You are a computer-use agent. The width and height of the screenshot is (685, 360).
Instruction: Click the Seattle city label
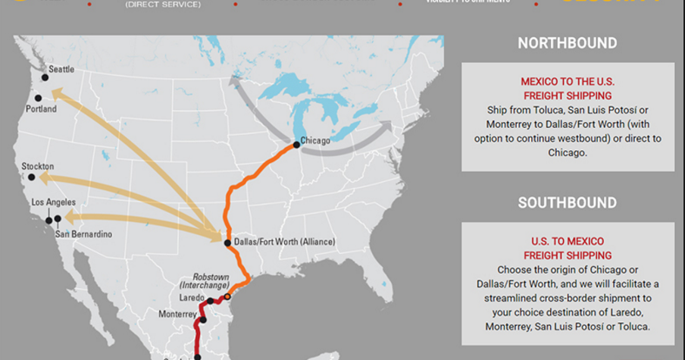click(x=61, y=69)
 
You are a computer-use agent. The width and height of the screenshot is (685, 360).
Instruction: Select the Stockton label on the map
click(x=38, y=166)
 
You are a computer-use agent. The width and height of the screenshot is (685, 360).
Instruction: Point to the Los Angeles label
click(x=53, y=202)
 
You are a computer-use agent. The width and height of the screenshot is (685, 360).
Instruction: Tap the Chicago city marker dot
click(x=296, y=144)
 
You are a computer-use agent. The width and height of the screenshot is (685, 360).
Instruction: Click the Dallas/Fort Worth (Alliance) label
click(x=284, y=242)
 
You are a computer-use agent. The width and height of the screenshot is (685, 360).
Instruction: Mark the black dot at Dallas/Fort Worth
click(x=227, y=243)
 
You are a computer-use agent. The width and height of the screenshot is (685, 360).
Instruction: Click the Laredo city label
click(x=192, y=298)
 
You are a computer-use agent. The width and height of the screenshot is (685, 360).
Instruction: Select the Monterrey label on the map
click(x=177, y=314)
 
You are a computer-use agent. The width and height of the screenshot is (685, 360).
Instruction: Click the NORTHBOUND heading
click(x=567, y=43)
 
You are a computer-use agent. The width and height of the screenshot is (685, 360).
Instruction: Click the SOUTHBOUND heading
click(x=567, y=203)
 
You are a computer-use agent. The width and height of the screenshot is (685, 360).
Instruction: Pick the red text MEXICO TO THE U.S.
click(x=567, y=81)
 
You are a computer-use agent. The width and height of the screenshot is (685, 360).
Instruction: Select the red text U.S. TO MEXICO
click(x=567, y=242)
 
